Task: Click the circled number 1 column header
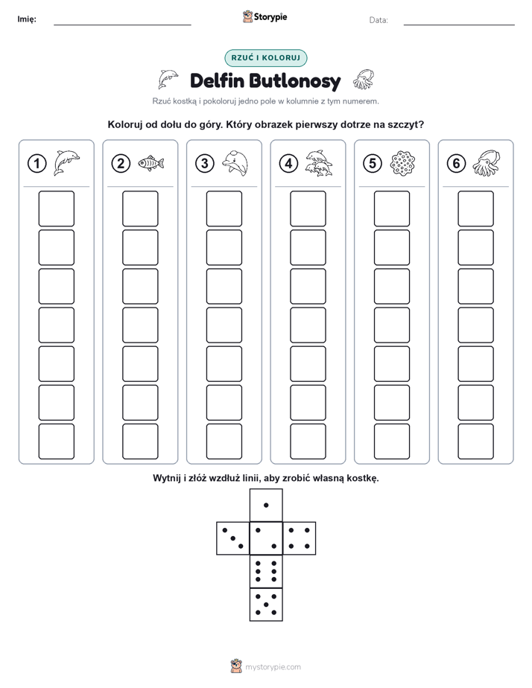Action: (x=37, y=164)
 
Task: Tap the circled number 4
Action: (x=288, y=164)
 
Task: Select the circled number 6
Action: (x=456, y=164)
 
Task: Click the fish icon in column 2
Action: (x=151, y=163)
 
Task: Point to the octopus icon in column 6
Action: (x=487, y=163)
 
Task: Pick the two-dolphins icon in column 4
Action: (x=319, y=163)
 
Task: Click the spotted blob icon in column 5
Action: (x=402, y=163)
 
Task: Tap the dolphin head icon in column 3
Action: (x=235, y=163)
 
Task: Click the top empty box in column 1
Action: (x=56, y=208)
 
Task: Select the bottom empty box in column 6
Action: (x=475, y=442)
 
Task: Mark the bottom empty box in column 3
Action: (x=224, y=442)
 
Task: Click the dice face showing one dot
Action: (x=266, y=505)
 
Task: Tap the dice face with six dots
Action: (x=266, y=571)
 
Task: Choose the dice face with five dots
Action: (x=266, y=605)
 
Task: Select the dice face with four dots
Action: (x=300, y=538)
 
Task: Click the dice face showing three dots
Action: (x=233, y=538)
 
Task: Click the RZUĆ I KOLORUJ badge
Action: (x=265, y=58)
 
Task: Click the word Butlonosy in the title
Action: (x=295, y=81)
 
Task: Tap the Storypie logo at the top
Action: (x=265, y=16)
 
